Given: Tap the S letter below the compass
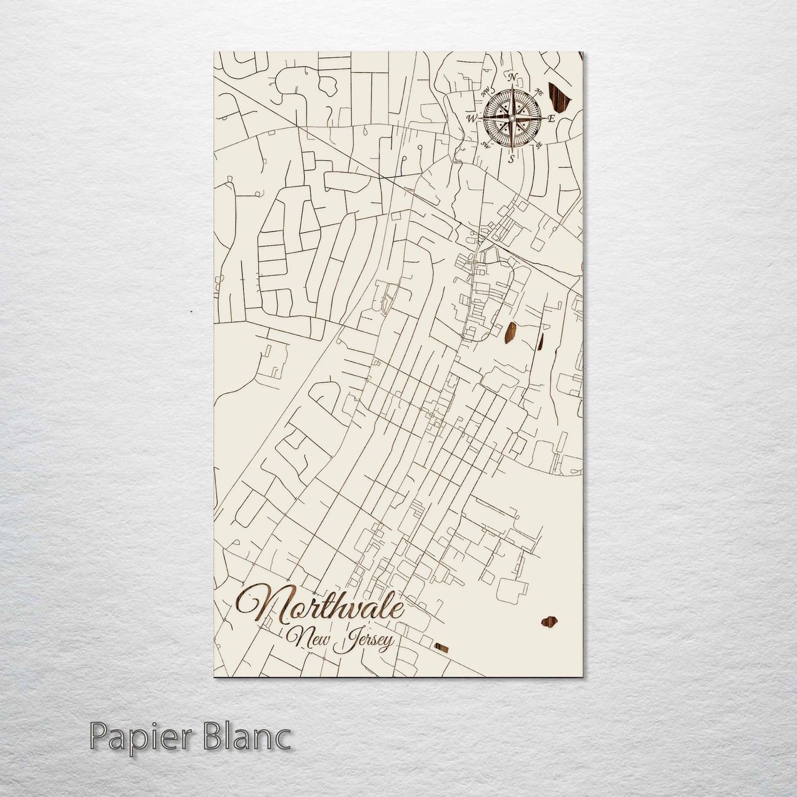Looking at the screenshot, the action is coord(512,159).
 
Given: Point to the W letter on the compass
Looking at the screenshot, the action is coord(472,118).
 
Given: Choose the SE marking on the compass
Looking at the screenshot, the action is coord(539,145).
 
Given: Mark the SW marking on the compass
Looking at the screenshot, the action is coord(486,145).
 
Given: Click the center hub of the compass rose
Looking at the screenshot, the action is coord(512,118).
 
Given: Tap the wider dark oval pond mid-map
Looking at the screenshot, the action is coord(510,332).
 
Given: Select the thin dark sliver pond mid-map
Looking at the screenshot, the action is coord(539,342).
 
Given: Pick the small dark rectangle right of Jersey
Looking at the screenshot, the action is coord(442,648).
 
